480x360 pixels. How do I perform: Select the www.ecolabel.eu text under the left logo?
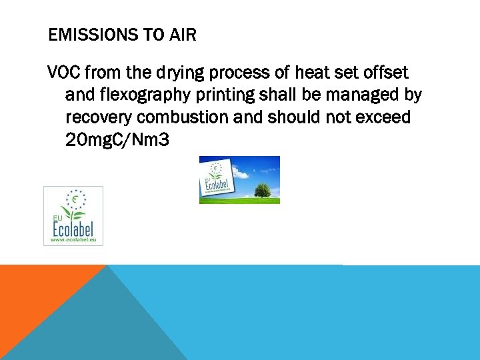tap(73, 239)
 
